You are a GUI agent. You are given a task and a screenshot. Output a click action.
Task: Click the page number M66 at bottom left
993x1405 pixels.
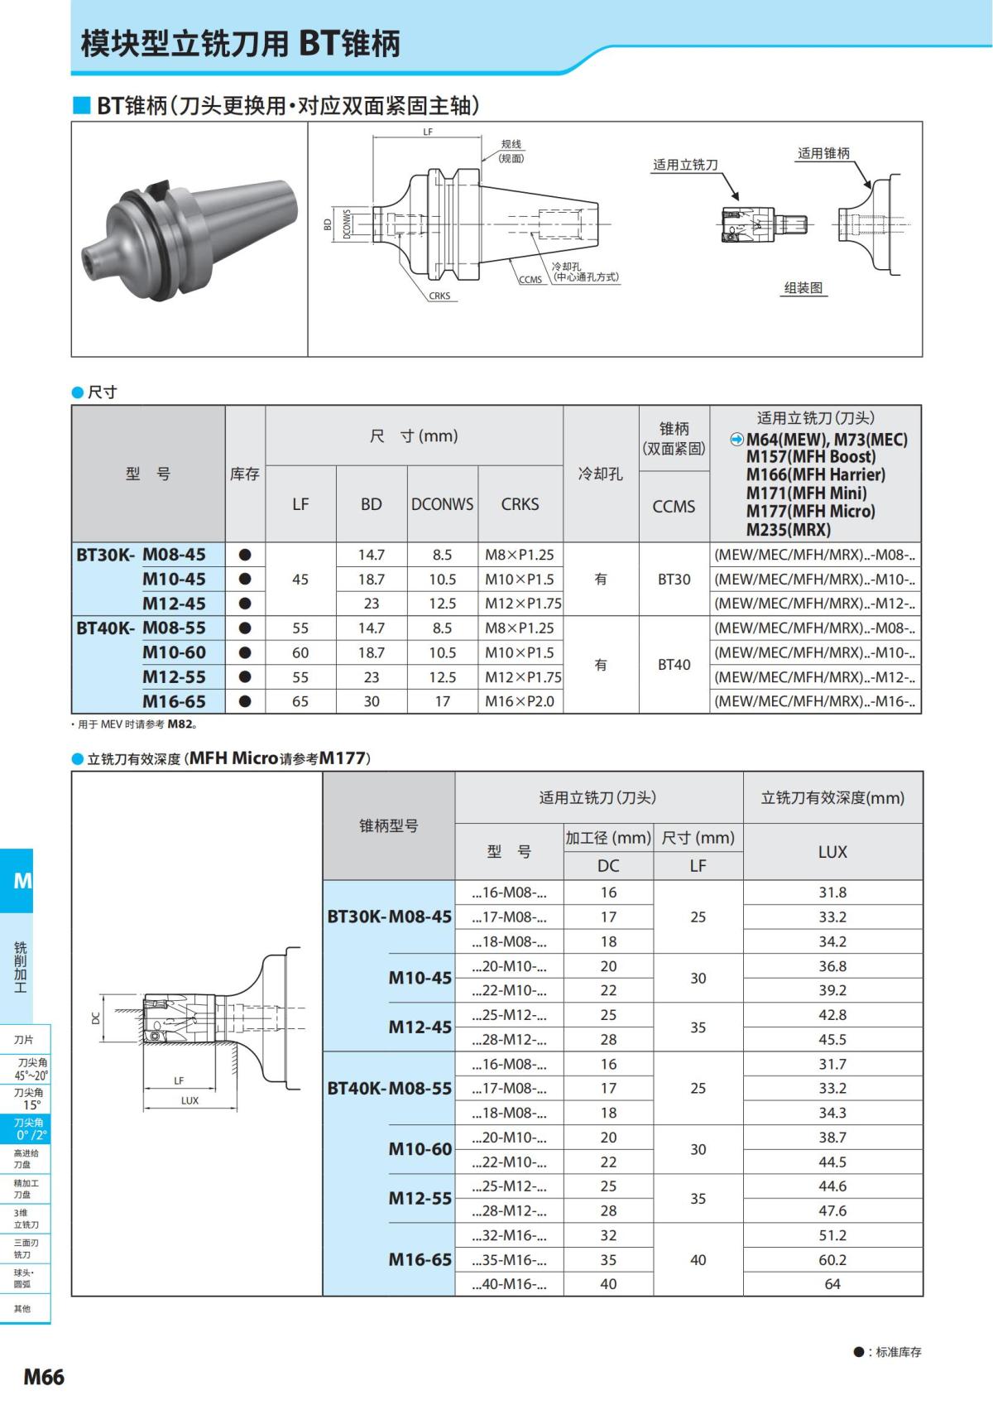point(43,1376)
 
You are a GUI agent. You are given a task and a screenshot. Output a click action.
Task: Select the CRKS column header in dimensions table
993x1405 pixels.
point(520,504)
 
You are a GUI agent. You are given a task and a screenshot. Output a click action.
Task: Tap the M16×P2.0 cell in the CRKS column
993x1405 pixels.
point(520,701)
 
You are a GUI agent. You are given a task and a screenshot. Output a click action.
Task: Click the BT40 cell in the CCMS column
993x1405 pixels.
point(674,664)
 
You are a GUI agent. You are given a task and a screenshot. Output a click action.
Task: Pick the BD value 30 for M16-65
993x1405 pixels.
point(372,701)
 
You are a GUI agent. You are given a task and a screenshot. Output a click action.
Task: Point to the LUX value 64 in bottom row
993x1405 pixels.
point(832,1284)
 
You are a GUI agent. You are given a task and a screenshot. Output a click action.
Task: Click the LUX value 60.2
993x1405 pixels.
point(832,1259)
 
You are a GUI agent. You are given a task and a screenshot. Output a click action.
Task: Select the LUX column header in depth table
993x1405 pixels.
point(832,851)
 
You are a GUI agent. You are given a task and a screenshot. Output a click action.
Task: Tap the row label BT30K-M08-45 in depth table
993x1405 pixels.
point(390,917)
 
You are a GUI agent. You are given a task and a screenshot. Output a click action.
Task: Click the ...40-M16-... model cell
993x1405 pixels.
point(509,1284)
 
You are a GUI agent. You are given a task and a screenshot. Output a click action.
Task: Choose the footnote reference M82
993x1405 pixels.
point(180,724)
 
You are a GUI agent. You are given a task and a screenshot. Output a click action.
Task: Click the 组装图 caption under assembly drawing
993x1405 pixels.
point(804,288)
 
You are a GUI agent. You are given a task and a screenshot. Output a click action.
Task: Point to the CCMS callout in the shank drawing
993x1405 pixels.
point(530,280)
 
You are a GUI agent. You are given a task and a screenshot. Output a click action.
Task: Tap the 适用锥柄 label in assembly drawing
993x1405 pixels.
point(823,153)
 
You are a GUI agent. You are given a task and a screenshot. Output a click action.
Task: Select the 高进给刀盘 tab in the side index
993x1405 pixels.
point(25,1158)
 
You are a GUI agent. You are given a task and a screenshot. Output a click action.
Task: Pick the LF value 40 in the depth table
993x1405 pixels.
point(698,1259)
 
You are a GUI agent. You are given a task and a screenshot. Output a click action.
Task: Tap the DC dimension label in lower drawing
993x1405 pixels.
point(96,1018)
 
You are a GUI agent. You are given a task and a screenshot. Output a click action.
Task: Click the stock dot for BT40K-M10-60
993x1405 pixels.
point(245,652)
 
